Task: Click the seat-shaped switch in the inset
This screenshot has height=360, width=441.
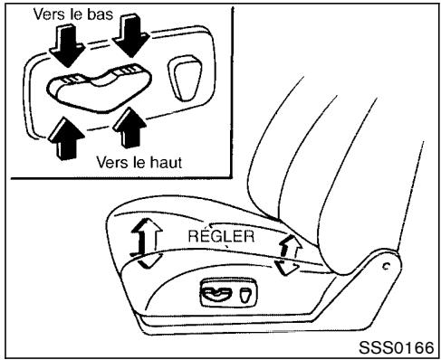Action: [x=90, y=86]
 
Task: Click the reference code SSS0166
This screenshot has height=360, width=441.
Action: [x=392, y=347]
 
